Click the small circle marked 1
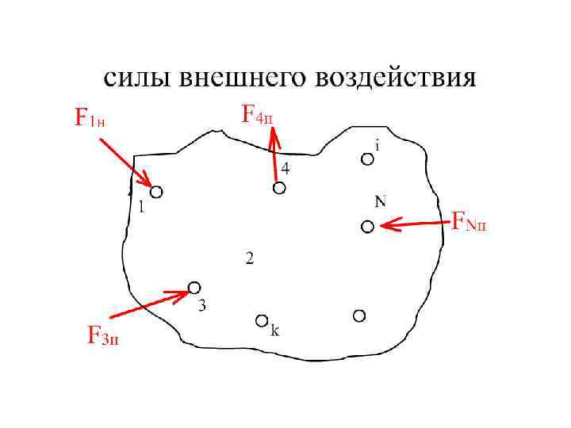pyautogui.click(x=156, y=191)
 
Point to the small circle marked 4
pyautogui.click(x=279, y=188)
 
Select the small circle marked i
pyautogui.click(x=367, y=159)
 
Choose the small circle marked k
pyautogui.click(x=262, y=320)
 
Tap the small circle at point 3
pyautogui.click(x=194, y=287)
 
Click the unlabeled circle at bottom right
pyautogui.click(x=359, y=315)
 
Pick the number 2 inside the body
pyautogui.click(x=250, y=258)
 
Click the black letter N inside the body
pyautogui.click(x=381, y=201)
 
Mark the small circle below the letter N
pyautogui.click(x=367, y=227)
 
